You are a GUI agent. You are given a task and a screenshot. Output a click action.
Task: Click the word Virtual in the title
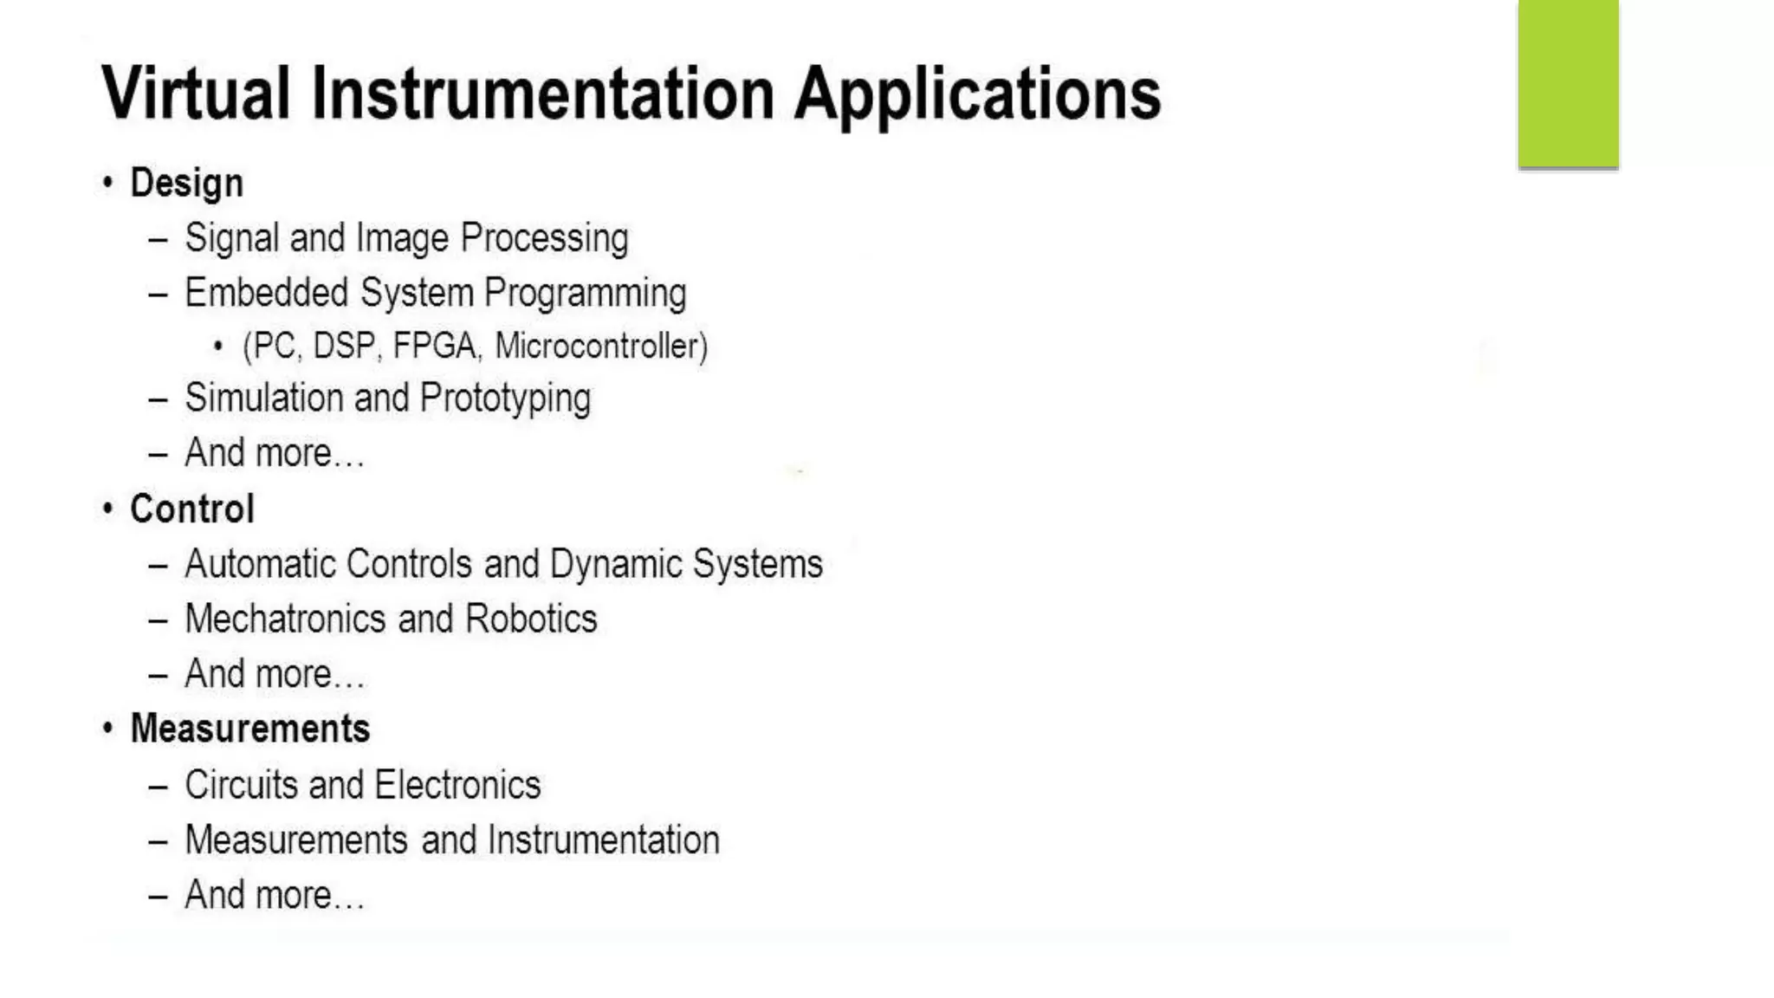[x=196, y=93]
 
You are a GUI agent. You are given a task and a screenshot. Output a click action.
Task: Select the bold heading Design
[x=186, y=184]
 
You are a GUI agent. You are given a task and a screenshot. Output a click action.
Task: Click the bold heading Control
[x=191, y=509]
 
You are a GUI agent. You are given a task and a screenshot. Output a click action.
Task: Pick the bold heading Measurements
[x=249, y=729]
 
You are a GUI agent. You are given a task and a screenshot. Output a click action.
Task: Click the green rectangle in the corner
[x=1568, y=83]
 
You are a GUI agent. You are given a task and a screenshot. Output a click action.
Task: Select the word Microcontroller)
[x=601, y=346]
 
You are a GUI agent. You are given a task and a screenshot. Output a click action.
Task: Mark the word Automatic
[x=260, y=564]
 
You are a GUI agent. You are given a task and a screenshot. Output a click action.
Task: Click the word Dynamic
[x=616, y=565]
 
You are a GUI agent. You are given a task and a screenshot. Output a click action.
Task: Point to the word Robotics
[x=531, y=619]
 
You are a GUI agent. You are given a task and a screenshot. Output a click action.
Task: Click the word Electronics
[x=458, y=785]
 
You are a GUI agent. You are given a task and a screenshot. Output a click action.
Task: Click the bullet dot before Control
[x=107, y=509]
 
